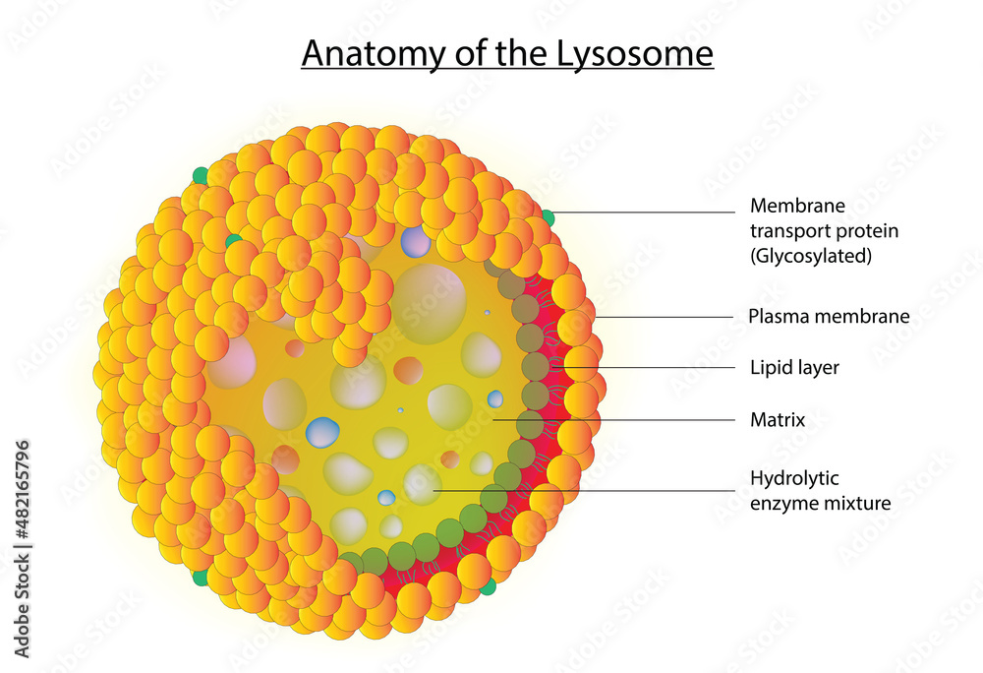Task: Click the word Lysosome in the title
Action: click(634, 53)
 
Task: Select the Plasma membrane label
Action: click(829, 316)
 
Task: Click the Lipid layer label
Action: click(794, 368)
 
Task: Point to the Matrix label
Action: click(778, 419)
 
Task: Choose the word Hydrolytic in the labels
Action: click(794, 479)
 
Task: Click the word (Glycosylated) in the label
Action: click(811, 256)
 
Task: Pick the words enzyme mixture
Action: click(820, 504)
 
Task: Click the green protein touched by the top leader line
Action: click(548, 217)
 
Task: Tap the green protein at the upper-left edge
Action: click(200, 176)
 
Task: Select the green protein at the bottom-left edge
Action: click(201, 578)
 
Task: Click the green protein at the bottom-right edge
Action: click(488, 587)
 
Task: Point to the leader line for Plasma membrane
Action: click(664, 318)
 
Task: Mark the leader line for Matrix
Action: click(613, 419)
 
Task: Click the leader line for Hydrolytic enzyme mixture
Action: click(584, 490)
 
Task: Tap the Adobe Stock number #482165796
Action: click(23, 490)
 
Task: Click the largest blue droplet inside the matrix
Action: click(322, 432)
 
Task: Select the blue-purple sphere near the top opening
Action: click(416, 242)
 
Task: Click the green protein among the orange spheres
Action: click(233, 241)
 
